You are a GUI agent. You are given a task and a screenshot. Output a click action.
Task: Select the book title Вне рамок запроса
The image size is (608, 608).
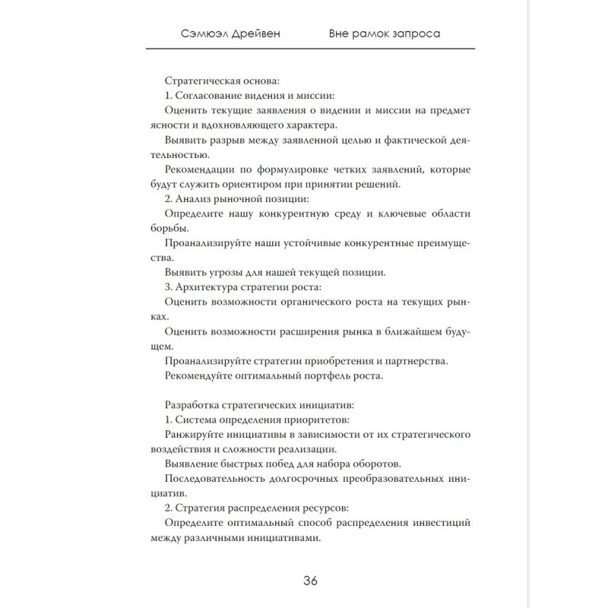point(385,34)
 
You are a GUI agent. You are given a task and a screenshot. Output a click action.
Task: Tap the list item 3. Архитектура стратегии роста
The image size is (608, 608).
point(243,287)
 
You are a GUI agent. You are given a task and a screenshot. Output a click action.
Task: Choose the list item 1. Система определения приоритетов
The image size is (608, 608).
point(246,420)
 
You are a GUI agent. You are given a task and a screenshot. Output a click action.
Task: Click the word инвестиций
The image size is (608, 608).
point(439,523)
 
